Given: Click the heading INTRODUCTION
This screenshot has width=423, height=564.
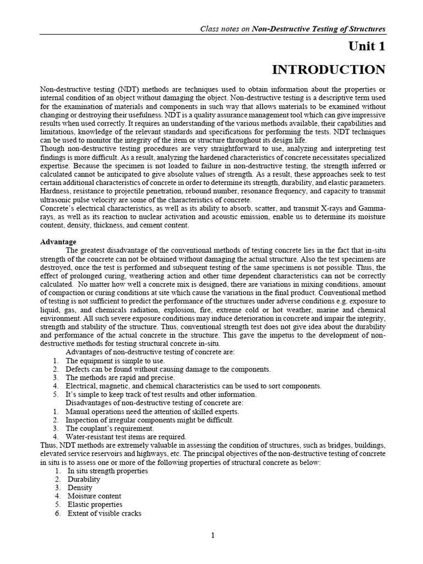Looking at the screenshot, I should pyautogui.click(x=329, y=70).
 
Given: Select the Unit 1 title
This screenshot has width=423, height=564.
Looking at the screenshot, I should pyautogui.click(x=366, y=46).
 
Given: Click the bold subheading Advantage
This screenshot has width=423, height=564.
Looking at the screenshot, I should pyautogui.click(x=58, y=242).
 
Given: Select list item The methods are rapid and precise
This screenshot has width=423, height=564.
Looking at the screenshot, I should pyautogui.click(x=120, y=378).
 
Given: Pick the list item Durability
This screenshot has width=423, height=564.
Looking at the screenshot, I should pyautogui.click(x=84, y=480).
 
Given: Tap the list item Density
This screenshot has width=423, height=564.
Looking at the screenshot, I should pyautogui.click(x=80, y=488).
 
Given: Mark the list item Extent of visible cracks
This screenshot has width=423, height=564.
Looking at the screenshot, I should pyautogui.click(x=104, y=513).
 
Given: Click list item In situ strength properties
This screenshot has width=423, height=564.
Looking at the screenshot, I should pyautogui.click(x=107, y=471).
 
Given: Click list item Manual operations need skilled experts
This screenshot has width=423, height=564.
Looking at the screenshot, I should pyautogui.click(x=152, y=411).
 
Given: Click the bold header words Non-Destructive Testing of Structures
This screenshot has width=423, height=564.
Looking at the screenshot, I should pyautogui.click(x=318, y=29).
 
